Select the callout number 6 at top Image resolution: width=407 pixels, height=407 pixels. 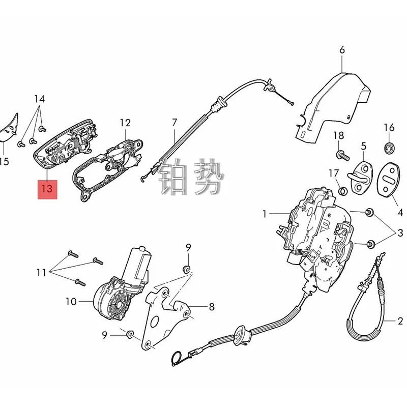point(342,50)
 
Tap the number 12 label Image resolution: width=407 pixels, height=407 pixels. point(125,123)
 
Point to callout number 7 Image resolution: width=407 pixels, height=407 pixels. point(175,123)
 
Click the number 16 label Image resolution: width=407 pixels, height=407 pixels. point(389,127)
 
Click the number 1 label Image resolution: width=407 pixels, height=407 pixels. point(265,215)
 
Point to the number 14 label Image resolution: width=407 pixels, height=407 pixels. point(40,98)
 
